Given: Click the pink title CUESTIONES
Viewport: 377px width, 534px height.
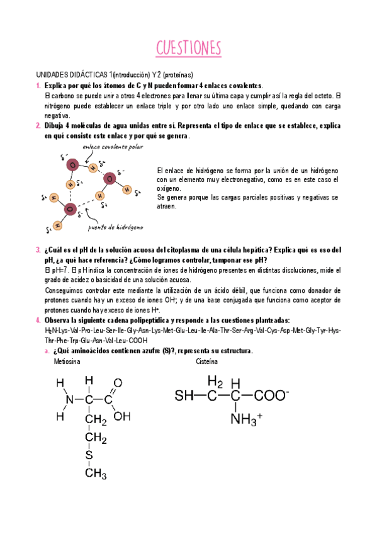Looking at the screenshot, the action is click(x=188, y=48).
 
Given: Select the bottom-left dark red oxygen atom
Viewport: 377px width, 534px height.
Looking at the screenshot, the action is click(x=70, y=208).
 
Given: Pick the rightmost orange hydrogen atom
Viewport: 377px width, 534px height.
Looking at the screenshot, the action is click(x=127, y=189).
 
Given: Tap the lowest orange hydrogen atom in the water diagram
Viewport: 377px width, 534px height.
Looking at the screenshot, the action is click(x=57, y=224).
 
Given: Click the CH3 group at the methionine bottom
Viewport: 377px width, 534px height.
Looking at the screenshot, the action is click(x=96, y=472).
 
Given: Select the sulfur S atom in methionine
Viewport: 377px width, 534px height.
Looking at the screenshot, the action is click(x=89, y=455).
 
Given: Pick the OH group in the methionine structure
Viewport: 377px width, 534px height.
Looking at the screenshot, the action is click(x=122, y=416).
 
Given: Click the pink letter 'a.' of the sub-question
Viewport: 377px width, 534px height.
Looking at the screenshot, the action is click(x=48, y=351).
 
